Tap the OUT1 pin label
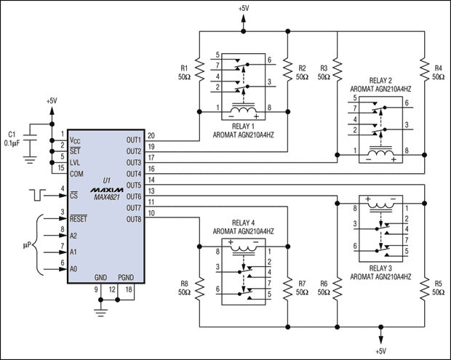coord(132,139)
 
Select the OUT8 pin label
coord(132,219)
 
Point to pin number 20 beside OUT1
coord(151,135)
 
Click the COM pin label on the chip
coord(76,174)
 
